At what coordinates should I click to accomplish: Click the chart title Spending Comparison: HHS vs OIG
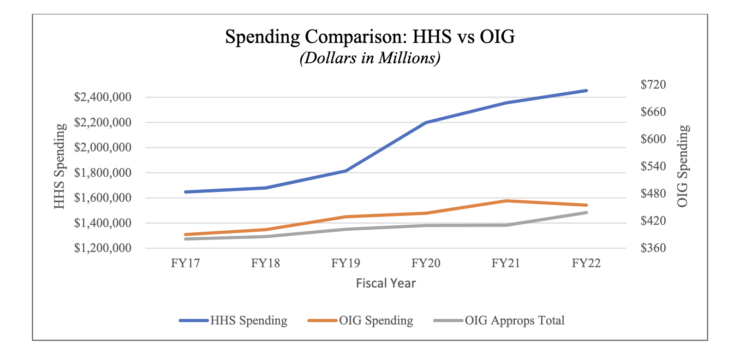[x=369, y=36]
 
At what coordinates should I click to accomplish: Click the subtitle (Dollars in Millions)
[x=369, y=58]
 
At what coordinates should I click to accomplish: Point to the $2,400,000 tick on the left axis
[x=102, y=97]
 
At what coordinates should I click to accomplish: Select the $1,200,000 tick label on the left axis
[x=102, y=248]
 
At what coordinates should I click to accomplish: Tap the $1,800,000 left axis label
[x=102, y=173]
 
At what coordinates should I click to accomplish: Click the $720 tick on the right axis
[x=653, y=84]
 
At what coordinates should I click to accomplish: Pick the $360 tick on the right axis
[x=653, y=248]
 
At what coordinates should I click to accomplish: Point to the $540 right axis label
[x=653, y=166]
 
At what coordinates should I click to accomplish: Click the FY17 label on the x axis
[x=185, y=263]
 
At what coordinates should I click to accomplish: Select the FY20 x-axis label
[x=426, y=263]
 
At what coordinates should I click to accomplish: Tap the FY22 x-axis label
[x=586, y=263]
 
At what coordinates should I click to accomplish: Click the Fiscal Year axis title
[x=386, y=283]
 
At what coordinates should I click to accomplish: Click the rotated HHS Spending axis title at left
[x=59, y=166]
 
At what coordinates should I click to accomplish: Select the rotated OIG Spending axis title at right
[x=683, y=166]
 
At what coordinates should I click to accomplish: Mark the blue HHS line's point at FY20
[x=426, y=122]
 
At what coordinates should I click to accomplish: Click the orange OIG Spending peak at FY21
[x=506, y=201]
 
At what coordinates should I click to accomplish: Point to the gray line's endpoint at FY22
[x=586, y=213]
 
